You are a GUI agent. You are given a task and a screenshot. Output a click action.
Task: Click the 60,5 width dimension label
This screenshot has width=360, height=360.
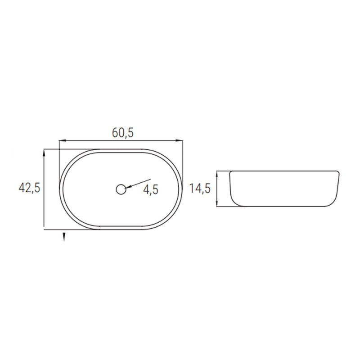(x=122, y=132)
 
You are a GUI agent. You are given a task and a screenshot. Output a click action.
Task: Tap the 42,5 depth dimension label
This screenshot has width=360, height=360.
(x=29, y=188)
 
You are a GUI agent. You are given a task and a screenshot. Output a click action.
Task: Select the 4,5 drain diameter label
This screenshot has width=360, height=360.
(x=151, y=189)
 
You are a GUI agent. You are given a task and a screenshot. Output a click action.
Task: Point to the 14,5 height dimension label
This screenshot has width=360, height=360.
(x=200, y=189)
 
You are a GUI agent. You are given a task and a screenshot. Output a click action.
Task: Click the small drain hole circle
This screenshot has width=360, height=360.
(x=121, y=189)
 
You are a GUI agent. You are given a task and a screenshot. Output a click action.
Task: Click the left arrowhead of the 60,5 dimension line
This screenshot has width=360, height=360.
(x=63, y=140)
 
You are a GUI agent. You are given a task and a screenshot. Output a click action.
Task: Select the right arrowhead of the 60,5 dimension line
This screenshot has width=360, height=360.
(x=179, y=140)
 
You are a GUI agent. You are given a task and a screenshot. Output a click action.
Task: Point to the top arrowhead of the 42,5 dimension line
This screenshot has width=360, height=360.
(x=44, y=153)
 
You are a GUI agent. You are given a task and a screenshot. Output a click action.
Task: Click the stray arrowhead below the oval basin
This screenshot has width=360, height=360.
(x=64, y=237)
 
